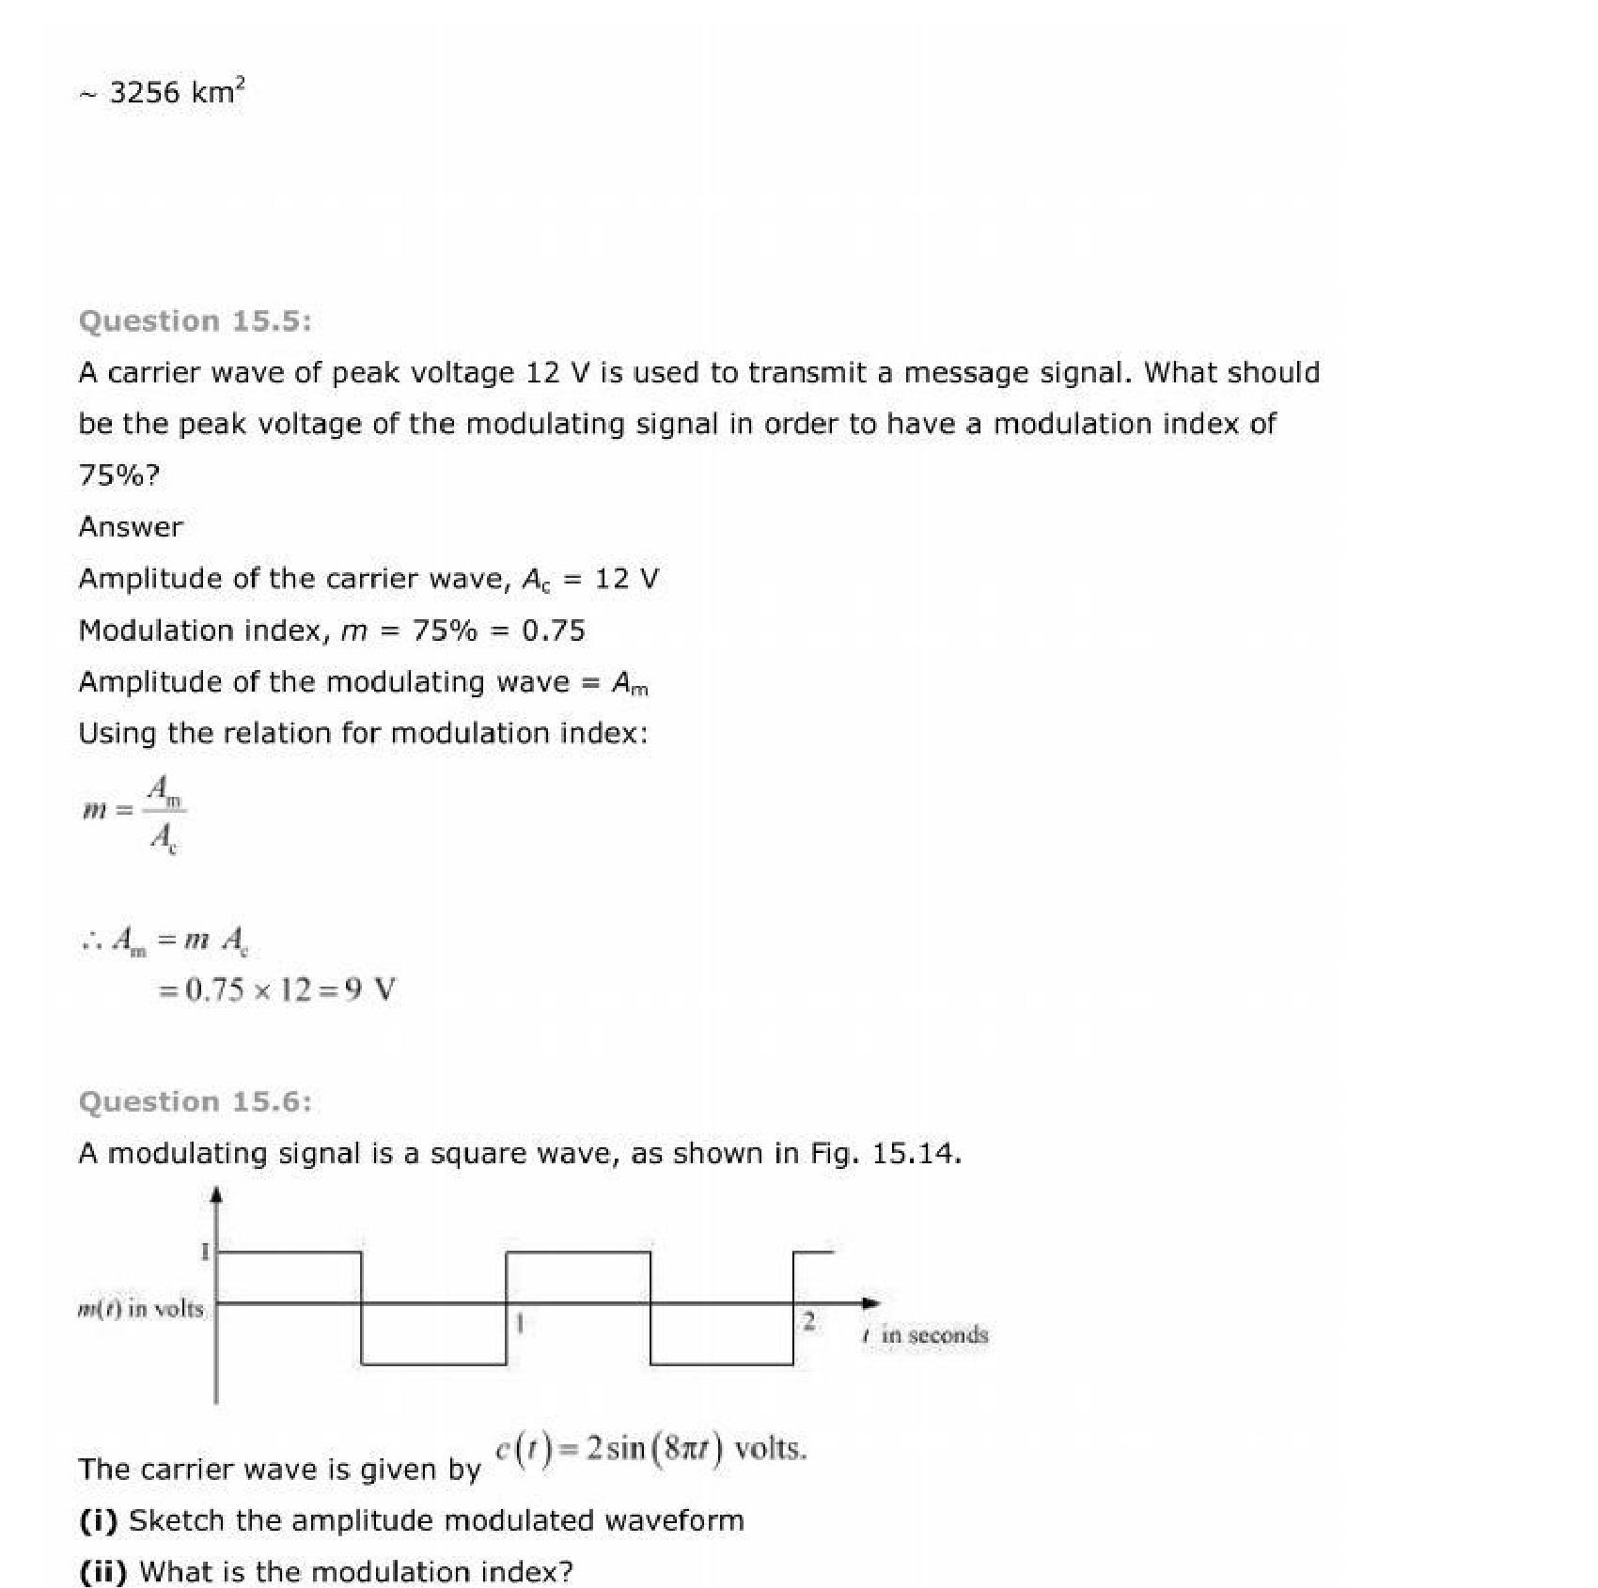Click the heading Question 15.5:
(195, 321)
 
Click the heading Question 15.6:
(195, 1101)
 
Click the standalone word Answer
(131, 526)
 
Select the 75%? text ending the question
(119, 475)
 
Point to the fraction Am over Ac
(164, 814)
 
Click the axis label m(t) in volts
(140, 1308)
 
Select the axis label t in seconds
(925, 1335)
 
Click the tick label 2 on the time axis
(807, 1321)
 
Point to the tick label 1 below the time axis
(519, 1323)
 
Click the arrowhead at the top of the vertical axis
(216, 1194)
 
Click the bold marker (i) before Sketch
(99, 1520)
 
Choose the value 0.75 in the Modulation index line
(554, 631)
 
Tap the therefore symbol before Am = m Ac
(91, 940)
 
